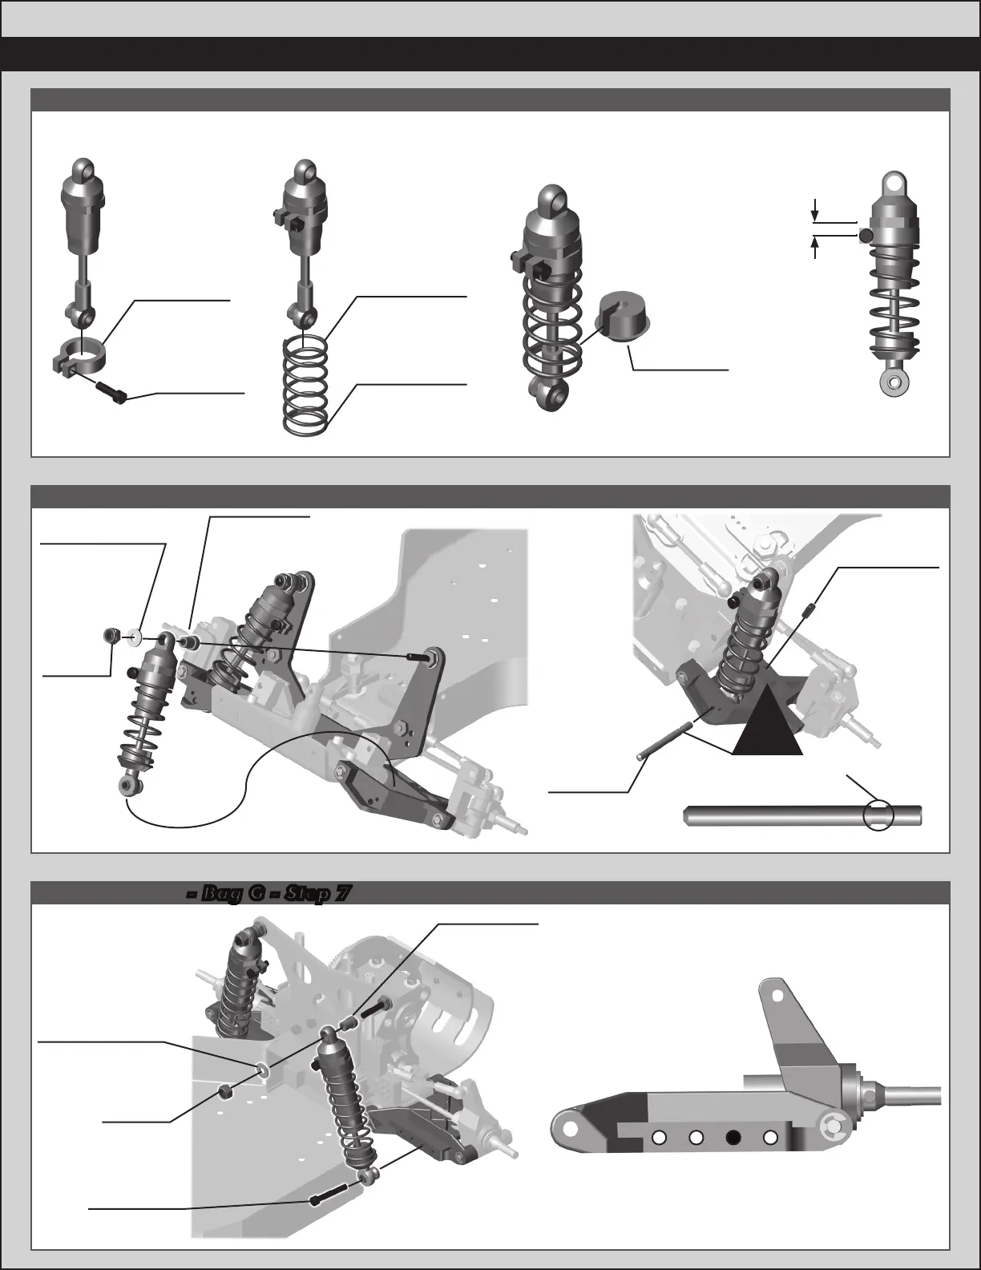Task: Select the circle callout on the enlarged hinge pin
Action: [878, 815]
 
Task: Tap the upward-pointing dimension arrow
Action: [815, 249]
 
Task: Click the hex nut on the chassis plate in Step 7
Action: [227, 1091]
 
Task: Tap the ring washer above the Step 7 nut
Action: [260, 1069]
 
